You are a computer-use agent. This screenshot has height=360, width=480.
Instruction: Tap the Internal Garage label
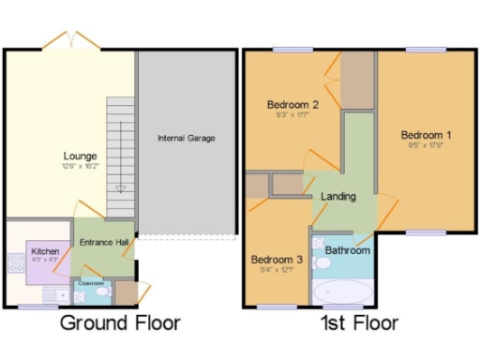click(187, 138)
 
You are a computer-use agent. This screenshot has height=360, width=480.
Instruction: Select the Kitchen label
click(45, 251)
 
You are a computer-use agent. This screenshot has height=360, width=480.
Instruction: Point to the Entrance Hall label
click(103, 243)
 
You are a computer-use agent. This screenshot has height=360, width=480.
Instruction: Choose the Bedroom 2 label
click(288, 104)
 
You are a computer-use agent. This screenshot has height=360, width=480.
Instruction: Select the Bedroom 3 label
click(276, 260)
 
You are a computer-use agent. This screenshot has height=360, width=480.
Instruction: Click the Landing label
click(337, 197)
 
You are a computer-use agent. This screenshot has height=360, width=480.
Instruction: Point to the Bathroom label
click(348, 250)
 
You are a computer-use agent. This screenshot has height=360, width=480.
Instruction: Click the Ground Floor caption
click(120, 324)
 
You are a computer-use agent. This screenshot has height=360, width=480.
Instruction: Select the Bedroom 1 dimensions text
click(424, 145)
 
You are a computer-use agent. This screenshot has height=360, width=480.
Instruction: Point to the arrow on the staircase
click(120, 187)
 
